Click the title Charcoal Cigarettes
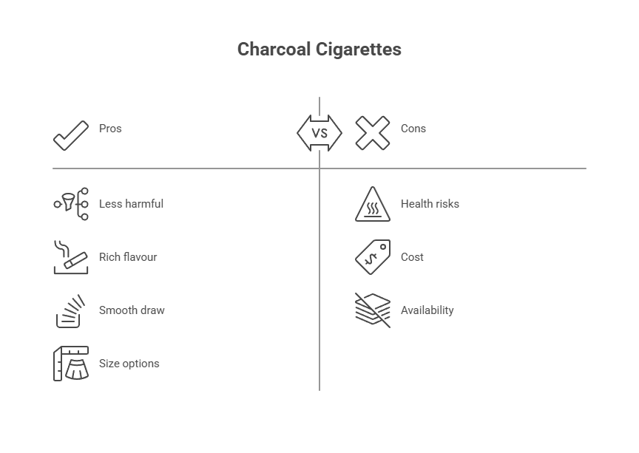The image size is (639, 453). tap(319, 50)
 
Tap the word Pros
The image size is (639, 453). tap(110, 129)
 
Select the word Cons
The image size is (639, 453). tap(413, 129)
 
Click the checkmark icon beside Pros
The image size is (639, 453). tap(71, 135)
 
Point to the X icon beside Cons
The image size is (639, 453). tap(373, 133)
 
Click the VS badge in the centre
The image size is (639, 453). tap(319, 133)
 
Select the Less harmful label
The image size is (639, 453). tap(131, 204)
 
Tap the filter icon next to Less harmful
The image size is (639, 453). tap(71, 203)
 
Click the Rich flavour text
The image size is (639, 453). tap(128, 257)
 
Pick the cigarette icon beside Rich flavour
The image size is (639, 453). tap(71, 257)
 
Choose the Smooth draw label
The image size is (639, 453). tap(132, 310)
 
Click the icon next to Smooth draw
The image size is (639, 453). tap(71, 310)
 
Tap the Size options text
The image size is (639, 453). tap(129, 364)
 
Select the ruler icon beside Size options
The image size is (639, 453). tap(71, 364)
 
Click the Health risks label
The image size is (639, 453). tap(430, 204)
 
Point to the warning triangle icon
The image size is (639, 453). tap(373, 205)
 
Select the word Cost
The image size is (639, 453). tap(412, 257)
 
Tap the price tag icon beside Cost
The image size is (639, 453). tap(373, 256)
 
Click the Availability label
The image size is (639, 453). tap(427, 310)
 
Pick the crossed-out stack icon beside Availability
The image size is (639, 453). tap(373, 310)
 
